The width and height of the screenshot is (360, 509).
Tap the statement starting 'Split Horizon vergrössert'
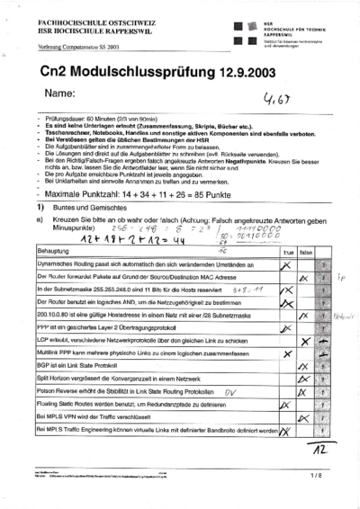pos(117,381)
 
